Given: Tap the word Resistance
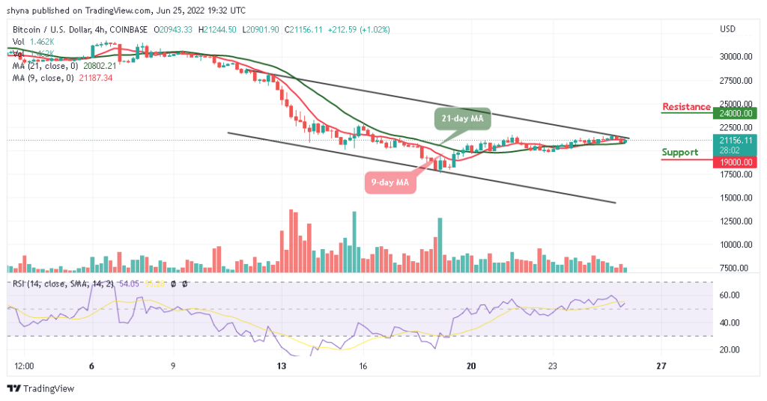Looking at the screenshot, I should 686,107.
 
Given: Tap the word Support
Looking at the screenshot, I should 680,153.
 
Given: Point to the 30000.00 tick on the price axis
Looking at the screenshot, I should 736,57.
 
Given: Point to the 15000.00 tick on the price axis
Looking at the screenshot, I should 736,198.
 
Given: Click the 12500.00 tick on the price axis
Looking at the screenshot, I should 736,221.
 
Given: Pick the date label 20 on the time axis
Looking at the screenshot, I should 471,367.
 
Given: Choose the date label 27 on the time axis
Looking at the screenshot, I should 660,367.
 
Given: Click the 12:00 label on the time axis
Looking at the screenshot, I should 24,367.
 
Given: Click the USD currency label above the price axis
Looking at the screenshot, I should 727,29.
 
